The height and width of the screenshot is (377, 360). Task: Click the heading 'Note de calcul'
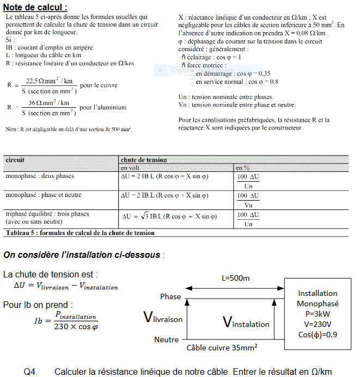35,7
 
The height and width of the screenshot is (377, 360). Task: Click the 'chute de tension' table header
144,160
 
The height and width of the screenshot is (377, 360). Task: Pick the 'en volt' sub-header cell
131,168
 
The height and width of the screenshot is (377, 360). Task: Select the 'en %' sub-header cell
242,168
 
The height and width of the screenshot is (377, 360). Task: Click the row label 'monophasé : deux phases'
40,176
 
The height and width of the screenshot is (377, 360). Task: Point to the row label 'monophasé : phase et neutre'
44,195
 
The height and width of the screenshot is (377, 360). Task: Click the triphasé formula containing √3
169,217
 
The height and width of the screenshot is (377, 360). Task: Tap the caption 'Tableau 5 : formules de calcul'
80,233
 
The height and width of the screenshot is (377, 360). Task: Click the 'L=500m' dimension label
235,279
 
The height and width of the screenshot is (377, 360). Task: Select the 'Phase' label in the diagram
170,296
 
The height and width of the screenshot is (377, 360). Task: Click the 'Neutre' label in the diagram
167,339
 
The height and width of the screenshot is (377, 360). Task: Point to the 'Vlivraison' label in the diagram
163,318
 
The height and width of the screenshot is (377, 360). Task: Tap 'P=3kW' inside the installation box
318,314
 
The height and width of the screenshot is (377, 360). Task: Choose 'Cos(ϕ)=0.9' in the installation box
318,335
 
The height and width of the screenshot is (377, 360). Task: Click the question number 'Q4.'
30,372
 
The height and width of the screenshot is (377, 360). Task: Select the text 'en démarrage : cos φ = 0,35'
233,73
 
